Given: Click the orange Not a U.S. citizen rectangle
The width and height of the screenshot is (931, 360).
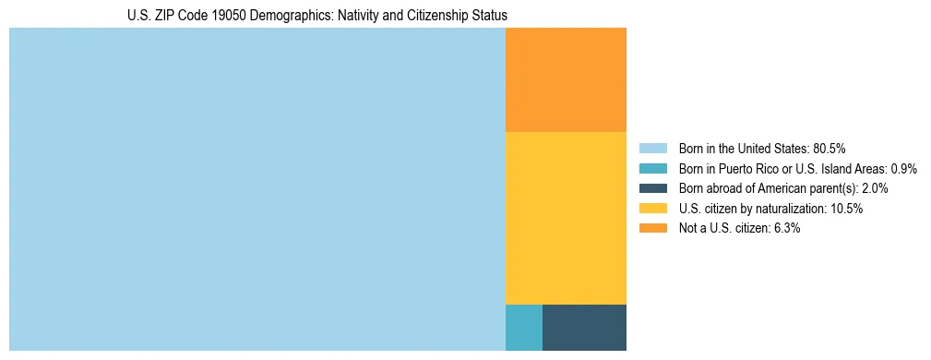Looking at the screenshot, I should tap(566, 80).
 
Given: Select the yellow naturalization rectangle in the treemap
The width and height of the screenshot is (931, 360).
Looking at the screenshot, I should tap(566, 218).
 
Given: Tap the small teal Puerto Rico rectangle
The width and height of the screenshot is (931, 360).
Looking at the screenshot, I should tap(523, 327).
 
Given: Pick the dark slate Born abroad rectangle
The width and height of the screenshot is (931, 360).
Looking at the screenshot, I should tap(584, 327).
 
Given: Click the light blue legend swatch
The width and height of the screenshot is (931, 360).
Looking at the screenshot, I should tap(652, 148).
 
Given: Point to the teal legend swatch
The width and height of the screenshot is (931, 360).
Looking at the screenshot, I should tap(652, 168).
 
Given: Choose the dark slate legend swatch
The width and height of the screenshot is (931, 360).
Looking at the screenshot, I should tap(652, 188).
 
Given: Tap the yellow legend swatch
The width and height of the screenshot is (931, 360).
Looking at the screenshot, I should tap(652, 209).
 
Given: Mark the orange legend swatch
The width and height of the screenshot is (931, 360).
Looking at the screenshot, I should tap(652, 229).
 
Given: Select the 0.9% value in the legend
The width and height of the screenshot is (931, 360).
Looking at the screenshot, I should tap(901, 168).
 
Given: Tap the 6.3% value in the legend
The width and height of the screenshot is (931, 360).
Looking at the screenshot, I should tap(784, 229).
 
